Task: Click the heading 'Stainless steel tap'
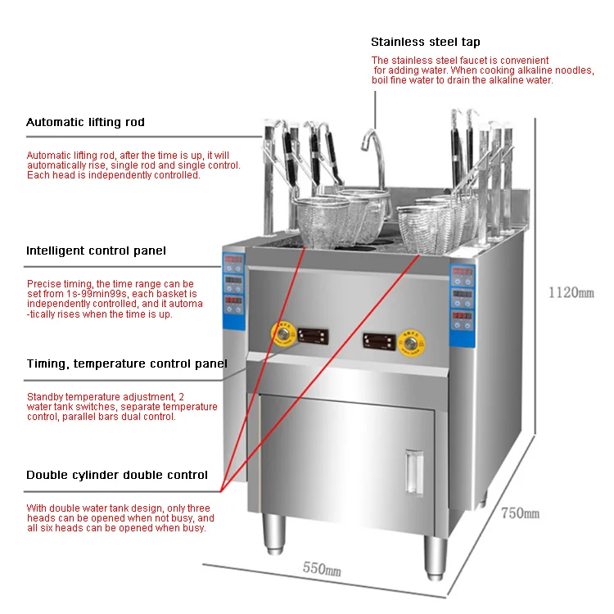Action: tap(425, 42)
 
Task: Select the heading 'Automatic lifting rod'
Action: tap(85, 122)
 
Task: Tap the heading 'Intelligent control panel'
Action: tap(96, 251)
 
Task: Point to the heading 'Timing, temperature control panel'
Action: tap(126, 363)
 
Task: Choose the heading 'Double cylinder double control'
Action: tap(116, 475)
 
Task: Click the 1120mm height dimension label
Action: tap(571, 292)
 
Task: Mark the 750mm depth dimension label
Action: tap(520, 513)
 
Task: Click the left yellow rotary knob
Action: tap(284, 334)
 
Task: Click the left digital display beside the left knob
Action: tap(314, 335)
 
